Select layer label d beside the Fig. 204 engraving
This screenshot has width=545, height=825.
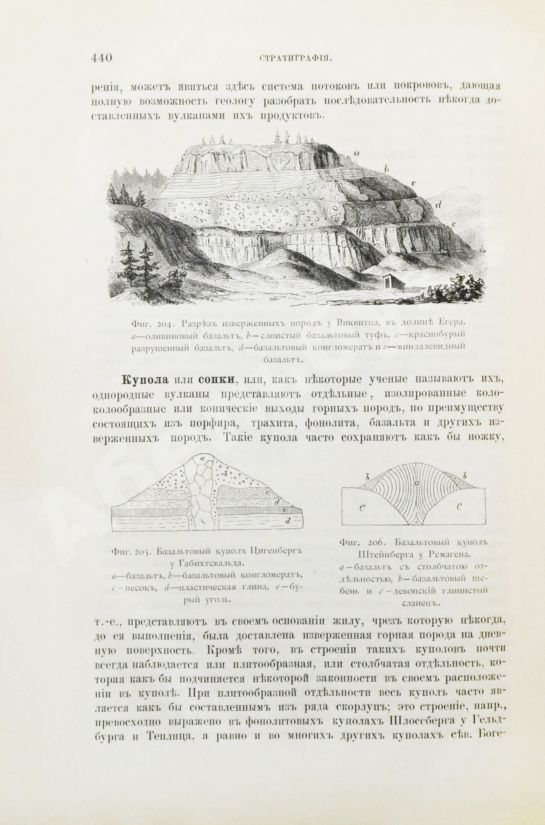pyautogui.click(x=438, y=205)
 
